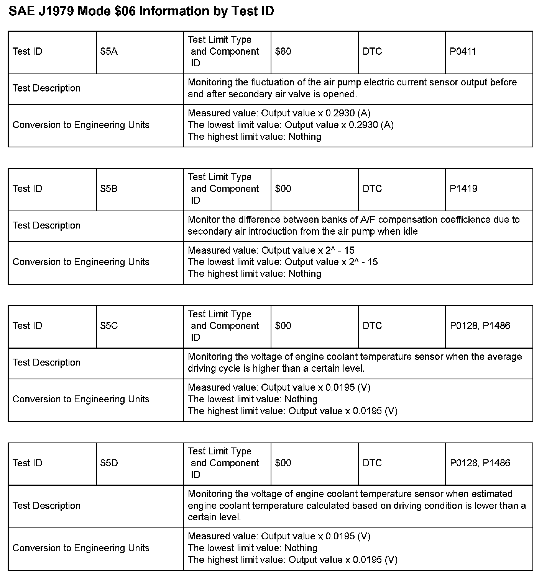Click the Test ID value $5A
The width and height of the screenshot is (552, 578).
pos(109,51)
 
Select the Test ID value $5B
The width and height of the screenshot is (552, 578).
pos(109,188)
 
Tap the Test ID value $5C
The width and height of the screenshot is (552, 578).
pos(109,325)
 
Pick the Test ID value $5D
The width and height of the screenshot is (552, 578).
pos(109,463)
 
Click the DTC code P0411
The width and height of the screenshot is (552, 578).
pos(463,51)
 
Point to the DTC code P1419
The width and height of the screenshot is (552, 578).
pos(463,188)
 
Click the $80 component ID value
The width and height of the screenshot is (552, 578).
pos(283,51)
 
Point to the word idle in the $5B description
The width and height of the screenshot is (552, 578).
pos(409,231)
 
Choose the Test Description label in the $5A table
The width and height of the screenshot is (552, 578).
pos(46,88)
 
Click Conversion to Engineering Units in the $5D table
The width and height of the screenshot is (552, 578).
pos(81,548)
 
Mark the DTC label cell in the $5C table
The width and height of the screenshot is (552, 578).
pos(372,325)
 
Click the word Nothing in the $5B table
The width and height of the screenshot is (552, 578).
pos(305,274)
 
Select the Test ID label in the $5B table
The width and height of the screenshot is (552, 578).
pos(27,188)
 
